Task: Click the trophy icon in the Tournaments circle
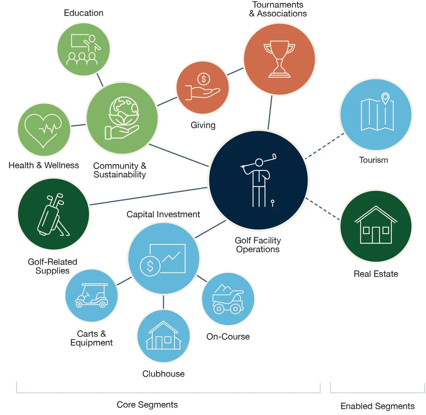click(x=279, y=59)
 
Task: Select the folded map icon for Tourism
click(x=376, y=112)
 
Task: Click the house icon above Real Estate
click(x=376, y=225)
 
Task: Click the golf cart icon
click(x=91, y=296)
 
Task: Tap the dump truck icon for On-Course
click(x=227, y=299)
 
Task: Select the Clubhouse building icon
click(x=164, y=336)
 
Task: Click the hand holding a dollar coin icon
click(x=203, y=87)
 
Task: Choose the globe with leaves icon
click(x=122, y=119)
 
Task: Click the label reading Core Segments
click(x=147, y=404)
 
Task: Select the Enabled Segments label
click(x=377, y=406)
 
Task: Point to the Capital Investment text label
click(x=163, y=214)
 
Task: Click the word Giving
click(x=203, y=125)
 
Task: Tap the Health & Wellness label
click(x=44, y=165)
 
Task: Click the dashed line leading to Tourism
click(x=325, y=146)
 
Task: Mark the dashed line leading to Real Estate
click(x=323, y=209)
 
